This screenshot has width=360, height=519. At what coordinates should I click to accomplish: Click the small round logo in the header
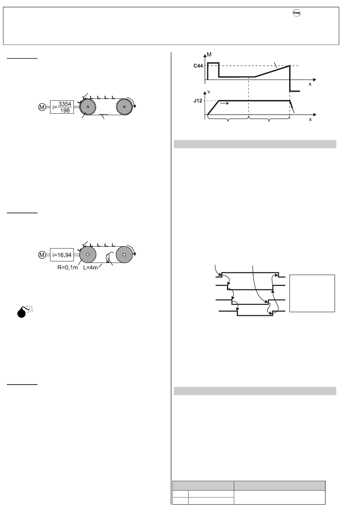pos(296,13)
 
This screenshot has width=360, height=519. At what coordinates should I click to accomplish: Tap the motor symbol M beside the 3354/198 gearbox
pos(42,107)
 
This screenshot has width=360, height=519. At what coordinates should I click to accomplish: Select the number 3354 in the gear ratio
pos(65,104)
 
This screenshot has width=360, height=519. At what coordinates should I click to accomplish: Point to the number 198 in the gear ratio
pos(65,111)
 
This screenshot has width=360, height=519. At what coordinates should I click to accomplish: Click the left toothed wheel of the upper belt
pos(88,107)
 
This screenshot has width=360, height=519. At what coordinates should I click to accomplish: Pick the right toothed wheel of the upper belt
pos(124,107)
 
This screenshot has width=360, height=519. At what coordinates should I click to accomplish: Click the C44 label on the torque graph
pos(198,66)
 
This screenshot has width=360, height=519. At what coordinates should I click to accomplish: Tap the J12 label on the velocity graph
pos(198,101)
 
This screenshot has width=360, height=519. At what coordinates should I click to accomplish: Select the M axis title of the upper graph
pos(209,55)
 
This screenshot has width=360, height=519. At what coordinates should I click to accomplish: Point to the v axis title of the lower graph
pos(209,92)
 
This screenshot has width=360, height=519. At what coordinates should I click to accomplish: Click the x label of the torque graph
pos(310,84)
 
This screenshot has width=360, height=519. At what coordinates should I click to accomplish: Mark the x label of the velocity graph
pos(310,119)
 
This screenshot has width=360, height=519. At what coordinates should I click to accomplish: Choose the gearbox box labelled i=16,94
pos(62,255)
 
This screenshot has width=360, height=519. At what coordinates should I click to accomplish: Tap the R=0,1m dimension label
pos(68,267)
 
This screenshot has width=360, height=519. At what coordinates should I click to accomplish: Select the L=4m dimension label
pos(91,267)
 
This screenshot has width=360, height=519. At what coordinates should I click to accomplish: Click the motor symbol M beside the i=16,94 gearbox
pos(42,255)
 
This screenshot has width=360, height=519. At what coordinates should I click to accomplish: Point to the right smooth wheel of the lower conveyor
pos(124,255)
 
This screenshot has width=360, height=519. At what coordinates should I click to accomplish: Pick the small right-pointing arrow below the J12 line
pos(224,103)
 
